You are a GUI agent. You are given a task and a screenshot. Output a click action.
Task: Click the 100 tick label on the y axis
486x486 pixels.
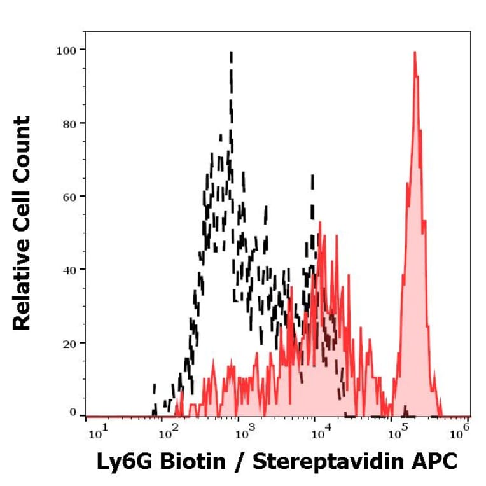pos(67,50)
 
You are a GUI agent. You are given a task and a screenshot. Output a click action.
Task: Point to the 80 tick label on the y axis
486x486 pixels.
pos(69,123)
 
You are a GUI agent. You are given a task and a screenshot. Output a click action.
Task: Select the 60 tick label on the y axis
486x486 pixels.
pos(69,196)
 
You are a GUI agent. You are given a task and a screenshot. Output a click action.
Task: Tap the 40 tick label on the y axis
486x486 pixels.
pos(69,270)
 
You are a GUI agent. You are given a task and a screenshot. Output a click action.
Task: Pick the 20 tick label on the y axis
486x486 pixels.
pos(69,343)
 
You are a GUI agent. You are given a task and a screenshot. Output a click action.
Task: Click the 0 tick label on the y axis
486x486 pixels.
pos(73,413)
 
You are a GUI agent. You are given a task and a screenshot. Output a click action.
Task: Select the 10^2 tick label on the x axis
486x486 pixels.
pos(168,434)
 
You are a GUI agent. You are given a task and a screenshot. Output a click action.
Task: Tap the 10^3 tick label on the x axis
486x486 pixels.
pos(244,434)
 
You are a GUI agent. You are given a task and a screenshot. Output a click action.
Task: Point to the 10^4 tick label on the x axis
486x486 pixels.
pos(320,434)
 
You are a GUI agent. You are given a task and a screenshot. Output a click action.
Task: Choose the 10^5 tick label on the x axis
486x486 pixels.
pos(396,434)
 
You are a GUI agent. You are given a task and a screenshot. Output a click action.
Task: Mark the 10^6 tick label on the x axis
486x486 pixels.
pos(458,434)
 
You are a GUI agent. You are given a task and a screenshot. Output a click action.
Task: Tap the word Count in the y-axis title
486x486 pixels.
pos(22,147)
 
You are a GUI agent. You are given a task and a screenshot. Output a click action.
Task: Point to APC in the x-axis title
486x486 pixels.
pos(436,462)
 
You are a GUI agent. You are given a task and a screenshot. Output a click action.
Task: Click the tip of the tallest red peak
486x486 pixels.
pos(415,53)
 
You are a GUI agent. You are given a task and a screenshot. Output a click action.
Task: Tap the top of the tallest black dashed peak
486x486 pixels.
pos(231,52)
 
